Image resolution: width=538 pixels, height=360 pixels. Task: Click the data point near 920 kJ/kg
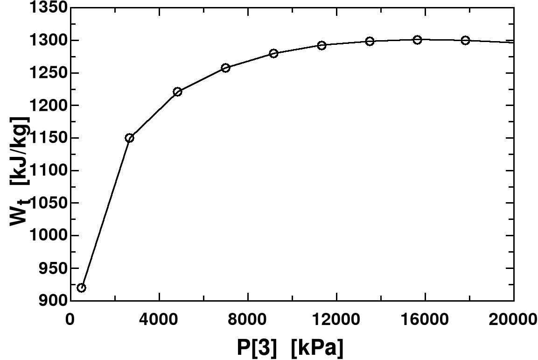(81, 288)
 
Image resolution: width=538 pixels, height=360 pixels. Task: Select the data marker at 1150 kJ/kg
(130, 138)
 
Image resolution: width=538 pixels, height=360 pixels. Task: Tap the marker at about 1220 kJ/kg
(177, 92)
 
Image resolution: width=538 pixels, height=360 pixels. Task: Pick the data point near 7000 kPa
(225, 68)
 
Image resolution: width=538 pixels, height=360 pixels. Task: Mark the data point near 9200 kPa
(273, 53)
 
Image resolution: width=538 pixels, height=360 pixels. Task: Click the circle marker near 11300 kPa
(321, 45)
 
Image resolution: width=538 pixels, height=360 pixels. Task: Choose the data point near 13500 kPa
(370, 41)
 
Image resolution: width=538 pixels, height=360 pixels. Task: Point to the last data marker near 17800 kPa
(465, 40)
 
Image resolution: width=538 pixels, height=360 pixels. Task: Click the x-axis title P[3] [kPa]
(290, 348)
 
